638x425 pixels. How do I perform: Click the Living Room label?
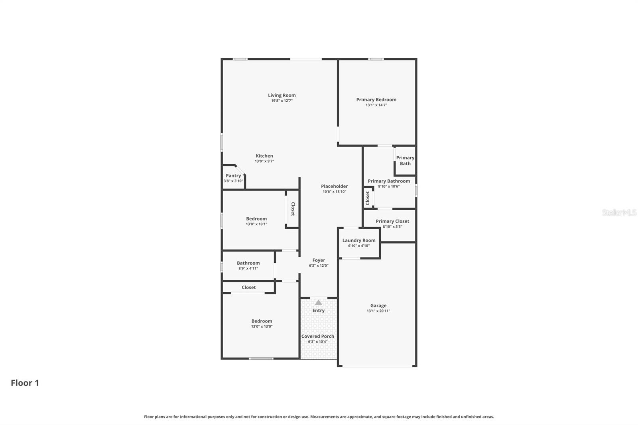click(282, 95)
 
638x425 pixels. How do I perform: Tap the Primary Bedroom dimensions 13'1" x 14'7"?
click(376, 105)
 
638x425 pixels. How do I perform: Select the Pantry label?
click(233, 175)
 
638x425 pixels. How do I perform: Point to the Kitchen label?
click(264, 156)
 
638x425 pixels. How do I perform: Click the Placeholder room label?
click(334, 186)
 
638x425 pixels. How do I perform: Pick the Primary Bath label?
click(405, 161)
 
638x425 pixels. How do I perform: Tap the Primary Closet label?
click(392, 221)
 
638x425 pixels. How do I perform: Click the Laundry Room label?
click(358, 240)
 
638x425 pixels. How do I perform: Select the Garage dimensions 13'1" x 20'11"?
click(378, 311)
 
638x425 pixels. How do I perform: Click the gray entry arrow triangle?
click(318, 303)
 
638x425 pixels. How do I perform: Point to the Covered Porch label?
click(318, 336)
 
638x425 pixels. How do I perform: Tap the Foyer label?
click(319, 260)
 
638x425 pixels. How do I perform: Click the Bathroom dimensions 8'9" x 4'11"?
click(248, 268)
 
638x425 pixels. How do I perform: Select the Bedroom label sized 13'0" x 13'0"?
click(262, 321)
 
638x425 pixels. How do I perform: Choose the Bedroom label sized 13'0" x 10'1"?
click(256, 218)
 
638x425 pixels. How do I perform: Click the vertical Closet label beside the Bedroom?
click(293, 209)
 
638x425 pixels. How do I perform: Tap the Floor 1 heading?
click(25, 383)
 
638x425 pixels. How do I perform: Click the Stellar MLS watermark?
click(619, 212)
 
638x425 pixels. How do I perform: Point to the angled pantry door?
click(240, 170)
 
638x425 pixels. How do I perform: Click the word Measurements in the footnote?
click(325, 417)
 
